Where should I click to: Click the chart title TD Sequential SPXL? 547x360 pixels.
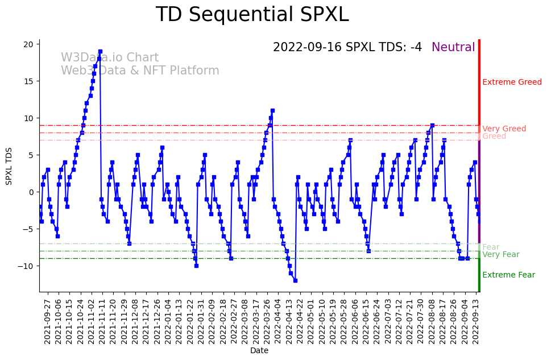tap(252, 15)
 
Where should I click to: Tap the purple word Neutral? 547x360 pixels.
tap(453, 47)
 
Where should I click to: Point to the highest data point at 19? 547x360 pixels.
tap(100, 51)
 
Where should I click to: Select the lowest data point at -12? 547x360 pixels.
tap(295, 280)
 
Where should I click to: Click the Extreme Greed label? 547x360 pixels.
tap(512, 82)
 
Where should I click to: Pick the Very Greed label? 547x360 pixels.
tap(504, 129)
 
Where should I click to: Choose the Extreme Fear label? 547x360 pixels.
tap(508, 275)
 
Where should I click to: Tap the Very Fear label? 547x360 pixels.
tap(500, 254)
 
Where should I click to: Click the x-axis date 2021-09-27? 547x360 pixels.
tap(48, 321)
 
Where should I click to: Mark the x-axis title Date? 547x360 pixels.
tap(259, 350)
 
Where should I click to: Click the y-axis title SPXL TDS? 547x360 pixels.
tap(9, 165)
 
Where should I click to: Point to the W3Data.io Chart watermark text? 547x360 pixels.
tap(110, 57)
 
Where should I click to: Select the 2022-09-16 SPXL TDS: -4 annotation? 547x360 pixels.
tap(347, 47)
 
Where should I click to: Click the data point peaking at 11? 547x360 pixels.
tap(272, 110)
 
